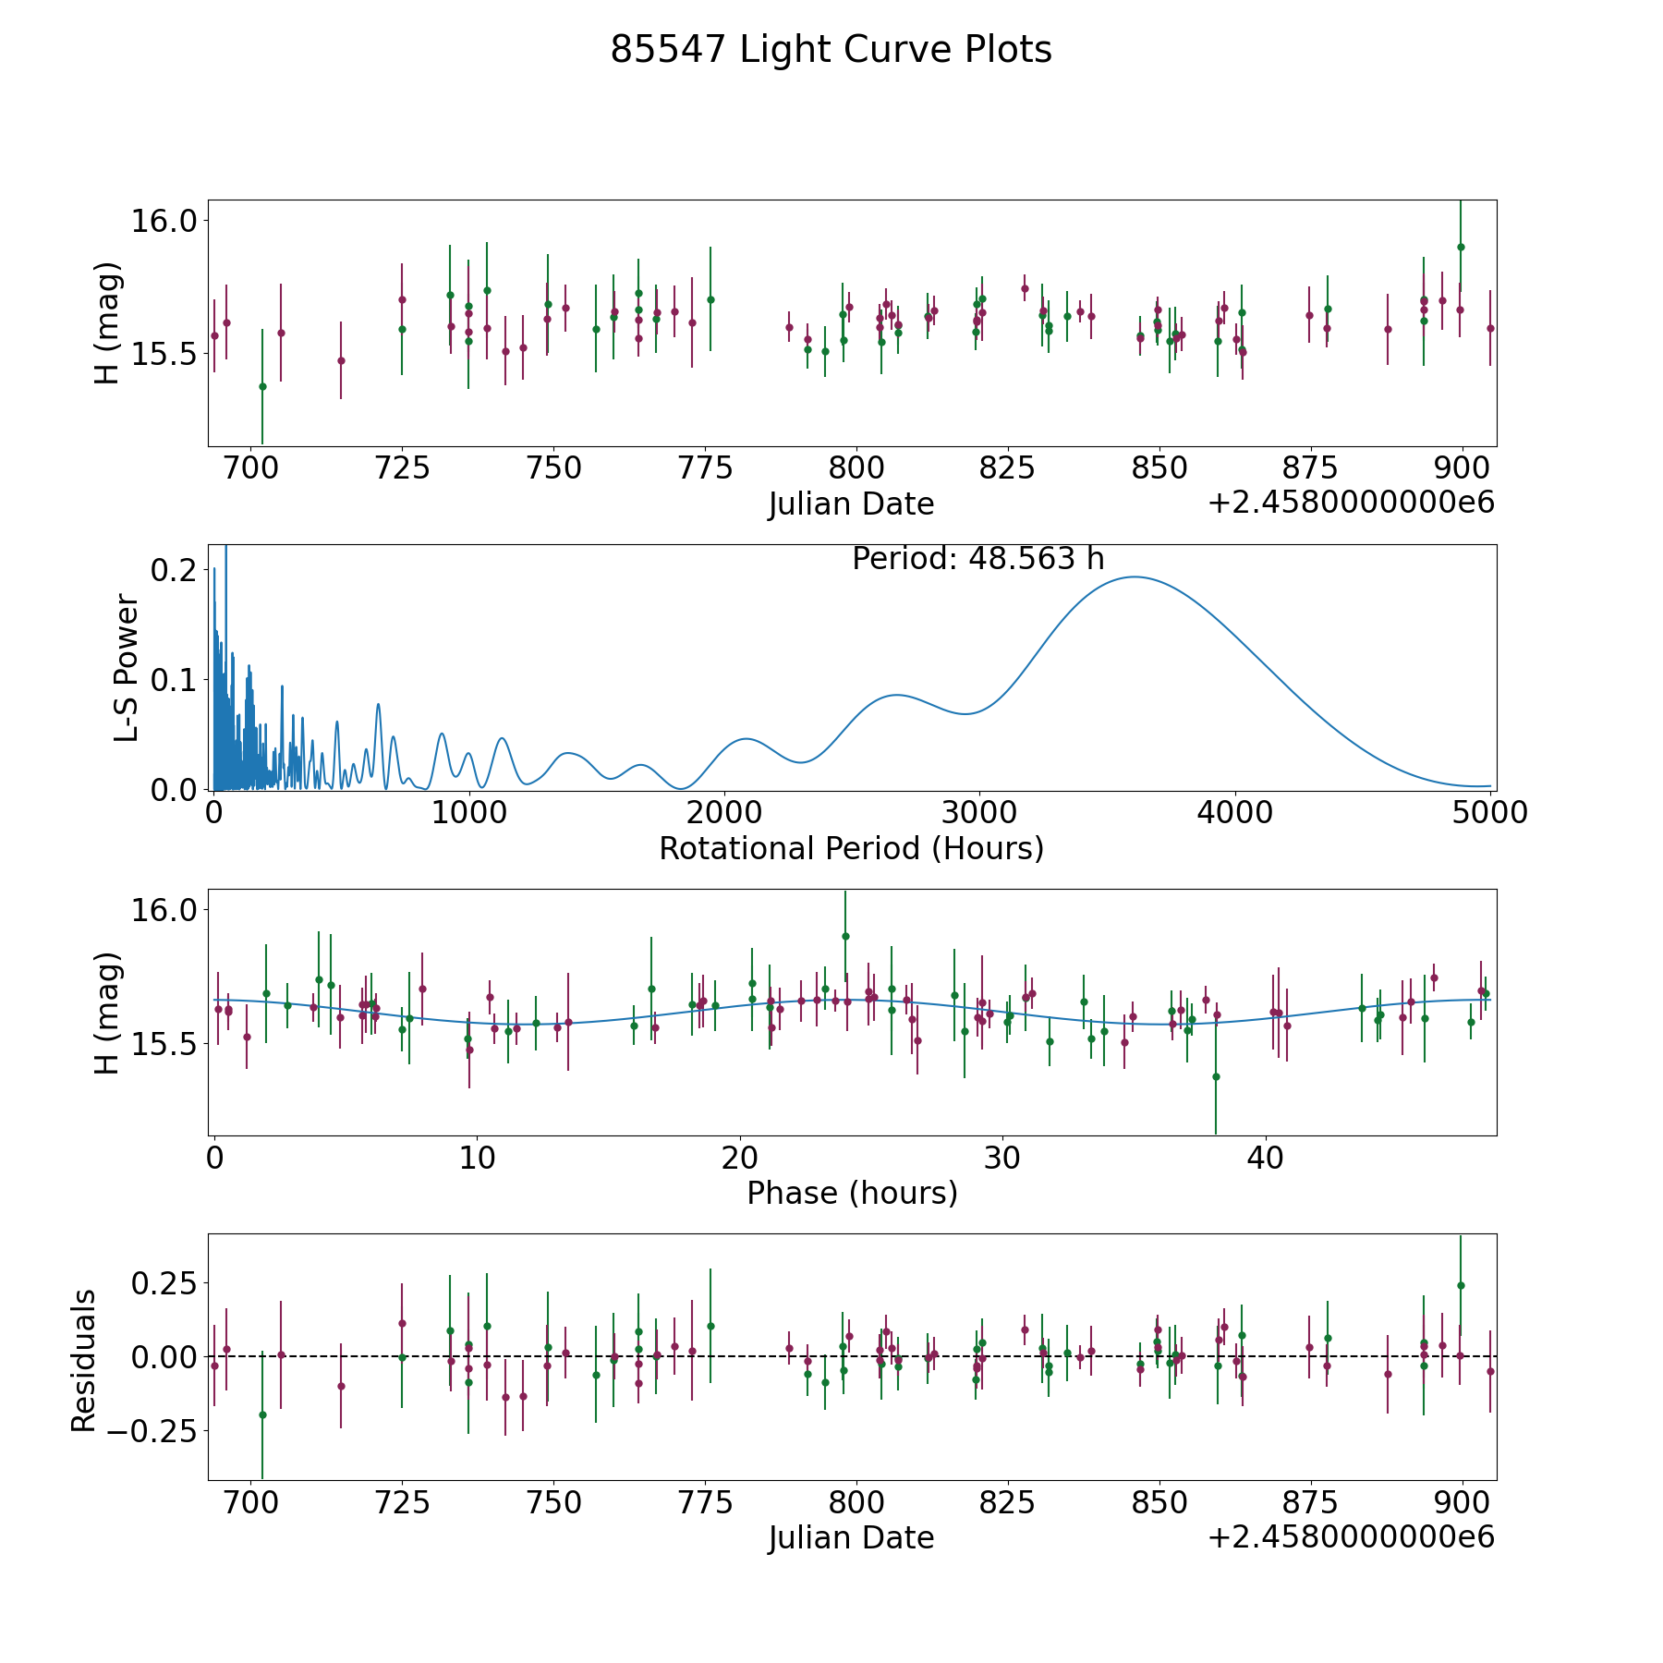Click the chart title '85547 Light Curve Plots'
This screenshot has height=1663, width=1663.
pyautogui.click(x=831, y=50)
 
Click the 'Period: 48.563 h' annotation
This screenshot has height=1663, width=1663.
pyautogui.click(x=978, y=559)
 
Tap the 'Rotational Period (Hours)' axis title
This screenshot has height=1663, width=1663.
pyautogui.click(x=851, y=848)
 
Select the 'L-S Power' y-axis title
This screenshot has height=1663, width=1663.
pyautogui.click(x=127, y=668)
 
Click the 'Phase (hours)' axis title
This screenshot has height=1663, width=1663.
pyautogui.click(x=852, y=1194)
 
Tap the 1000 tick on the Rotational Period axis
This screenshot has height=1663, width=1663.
pyautogui.click(x=469, y=813)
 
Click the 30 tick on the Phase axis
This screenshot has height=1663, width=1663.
pyautogui.click(x=1002, y=1158)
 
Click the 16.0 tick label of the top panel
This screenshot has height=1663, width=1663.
pyautogui.click(x=164, y=222)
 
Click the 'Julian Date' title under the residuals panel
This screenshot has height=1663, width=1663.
pyautogui.click(x=851, y=1538)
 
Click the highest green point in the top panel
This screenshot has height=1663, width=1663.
pyautogui.click(x=1461, y=247)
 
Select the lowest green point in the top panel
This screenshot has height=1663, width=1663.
pyautogui.click(x=262, y=386)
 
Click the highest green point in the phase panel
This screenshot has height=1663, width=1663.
pyautogui.click(x=845, y=936)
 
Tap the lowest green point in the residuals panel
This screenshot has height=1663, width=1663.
pyautogui.click(x=262, y=1414)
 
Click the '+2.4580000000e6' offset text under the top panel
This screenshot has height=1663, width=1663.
pyautogui.click(x=1352, y=504)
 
